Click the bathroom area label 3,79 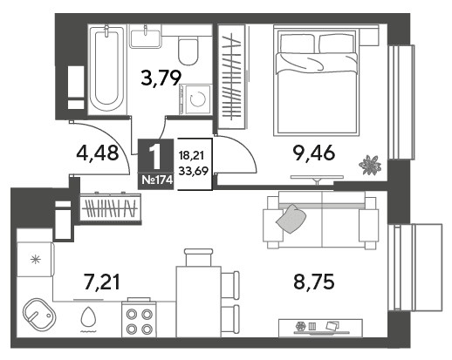(x=161, y=78)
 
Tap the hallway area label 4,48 (x=98, y=153)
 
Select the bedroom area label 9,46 (x=314, y=153)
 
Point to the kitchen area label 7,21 (x=101, y=282)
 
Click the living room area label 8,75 (x=314, y=282)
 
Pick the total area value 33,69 (x=194, y=171)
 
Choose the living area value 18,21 (x=191, y=155)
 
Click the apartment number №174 (x=157, y=180)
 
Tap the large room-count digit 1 (x=155, y=157)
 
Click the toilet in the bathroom (x=188, y=50)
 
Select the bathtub (x=107, y=69)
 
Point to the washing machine (x=195, y=99)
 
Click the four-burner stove (x=139, y=321)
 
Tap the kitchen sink (x=39, y=315)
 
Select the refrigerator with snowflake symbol (x=36, y=259)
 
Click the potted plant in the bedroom (x=370, y=165)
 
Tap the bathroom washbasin (x=146, y=38)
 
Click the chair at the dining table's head (x=199, y=257)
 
